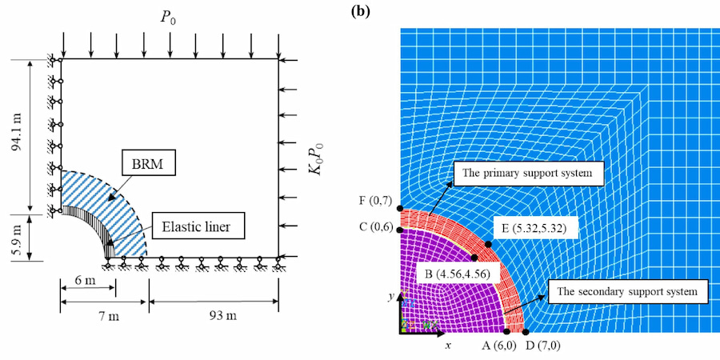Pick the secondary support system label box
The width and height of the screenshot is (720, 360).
click(628, 290)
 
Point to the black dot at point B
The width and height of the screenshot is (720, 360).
click(475, 258)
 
